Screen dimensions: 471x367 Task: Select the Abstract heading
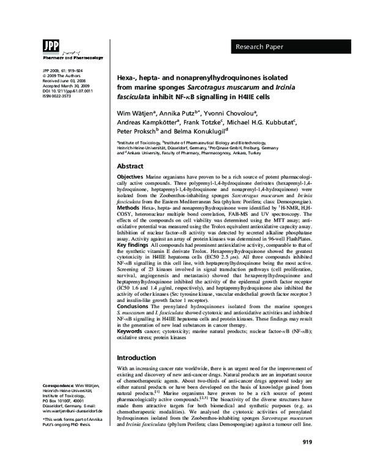point(131,167)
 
